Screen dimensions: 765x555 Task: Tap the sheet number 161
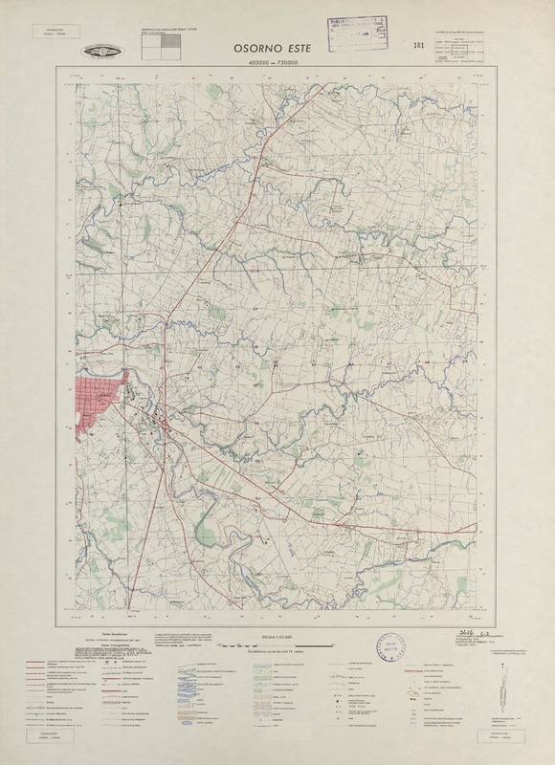point(418,46)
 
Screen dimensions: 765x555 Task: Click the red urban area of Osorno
point(97,401)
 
